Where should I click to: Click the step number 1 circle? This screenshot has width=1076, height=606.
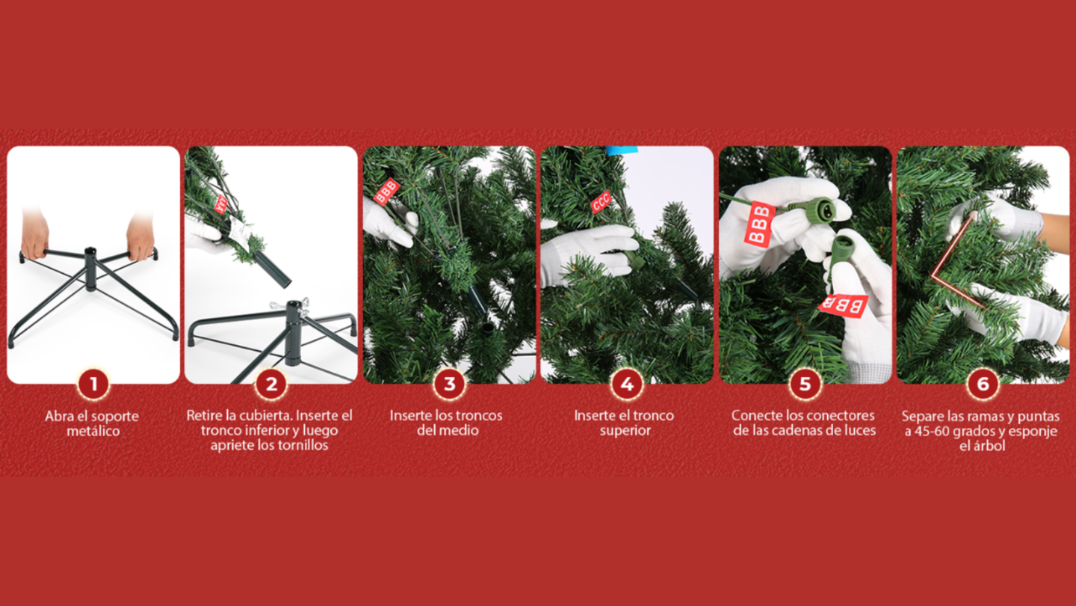[93, 385]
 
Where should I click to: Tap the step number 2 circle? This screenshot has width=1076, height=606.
[270, 385]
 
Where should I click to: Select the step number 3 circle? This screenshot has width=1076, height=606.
[449, 385]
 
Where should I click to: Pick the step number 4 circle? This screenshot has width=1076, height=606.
[627, 385]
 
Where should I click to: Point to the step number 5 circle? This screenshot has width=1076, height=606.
[805, 385]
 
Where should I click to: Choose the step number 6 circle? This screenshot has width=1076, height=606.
[983, 385]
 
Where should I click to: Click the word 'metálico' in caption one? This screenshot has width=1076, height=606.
[92, 431]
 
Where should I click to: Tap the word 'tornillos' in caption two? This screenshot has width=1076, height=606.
[302, 445]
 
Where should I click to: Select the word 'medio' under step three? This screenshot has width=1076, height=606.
[458, 430]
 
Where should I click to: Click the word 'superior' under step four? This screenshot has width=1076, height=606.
[625, 430]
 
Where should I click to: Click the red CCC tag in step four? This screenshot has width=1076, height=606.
[602, 201]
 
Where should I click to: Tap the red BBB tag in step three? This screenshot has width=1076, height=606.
[386, 192]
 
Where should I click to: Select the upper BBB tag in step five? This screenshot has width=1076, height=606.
[759, 222]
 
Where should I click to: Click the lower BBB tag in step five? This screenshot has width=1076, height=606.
[844, 305]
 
